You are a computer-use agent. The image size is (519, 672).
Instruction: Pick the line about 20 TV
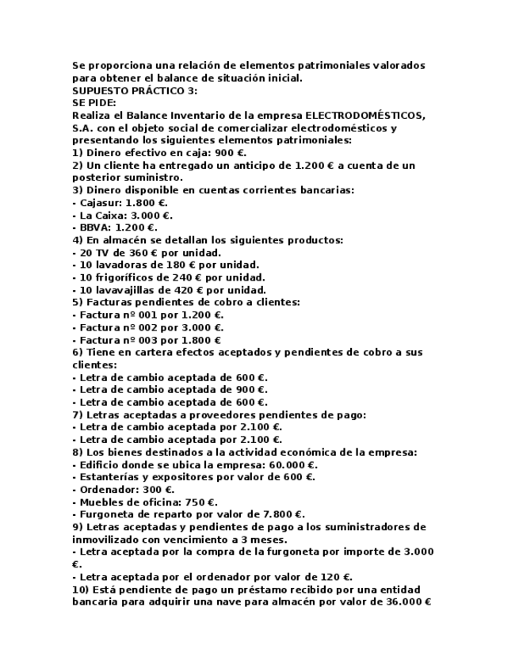(x=147, y=252)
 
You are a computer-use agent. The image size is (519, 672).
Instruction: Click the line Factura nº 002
(x=147, y=326)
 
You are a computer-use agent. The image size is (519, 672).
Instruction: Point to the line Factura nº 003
(x=147, y=339)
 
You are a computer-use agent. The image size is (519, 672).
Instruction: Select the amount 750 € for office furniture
(x=200, y=502)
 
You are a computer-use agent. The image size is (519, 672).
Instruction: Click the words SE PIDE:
(x=94, y=103)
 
